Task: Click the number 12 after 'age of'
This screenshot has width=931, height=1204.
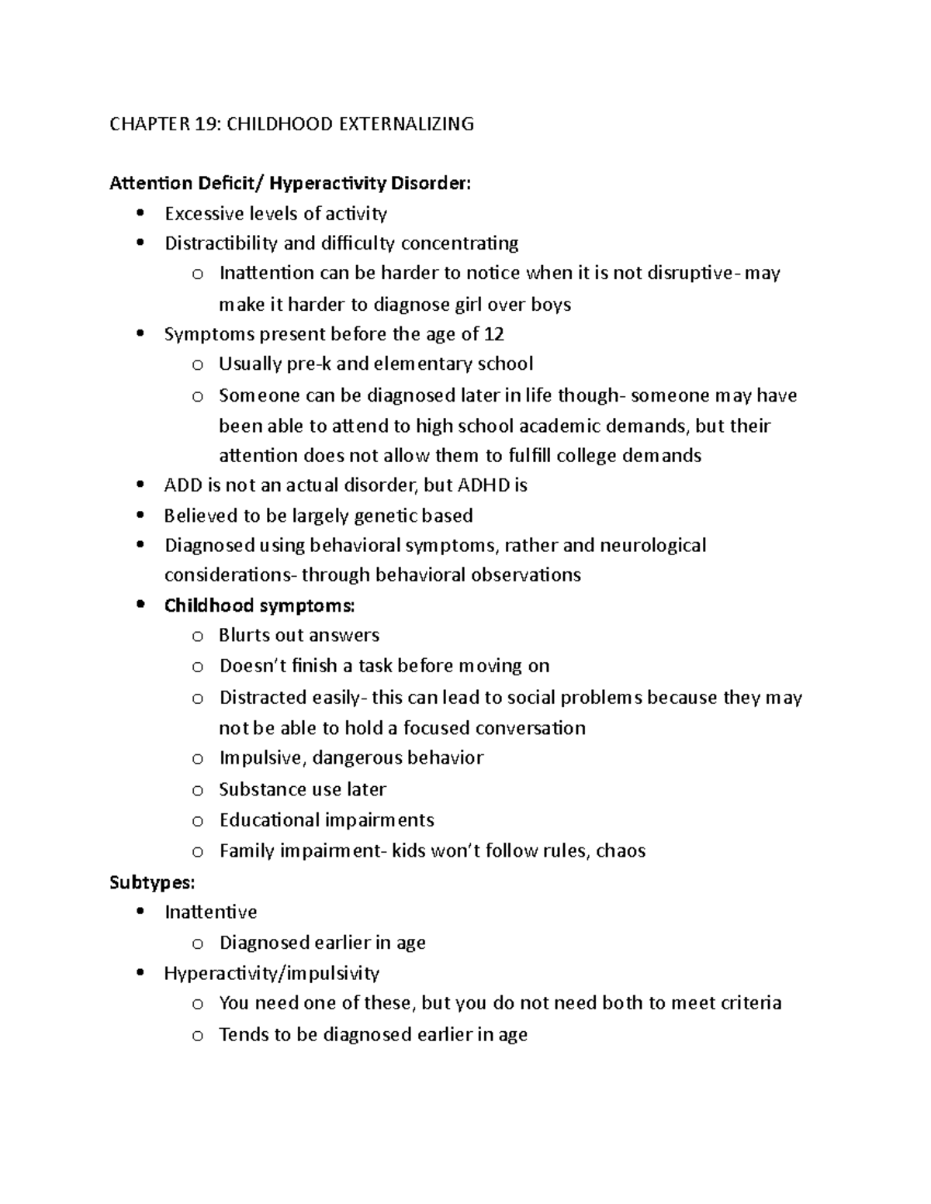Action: [493, 334]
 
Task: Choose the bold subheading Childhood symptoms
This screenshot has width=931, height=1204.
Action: [259, 605]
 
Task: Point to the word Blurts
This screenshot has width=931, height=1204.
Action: [244, 636]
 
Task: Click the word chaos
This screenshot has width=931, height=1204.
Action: [621, 851]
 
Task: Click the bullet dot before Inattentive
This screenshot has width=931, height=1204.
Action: [140, 912]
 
